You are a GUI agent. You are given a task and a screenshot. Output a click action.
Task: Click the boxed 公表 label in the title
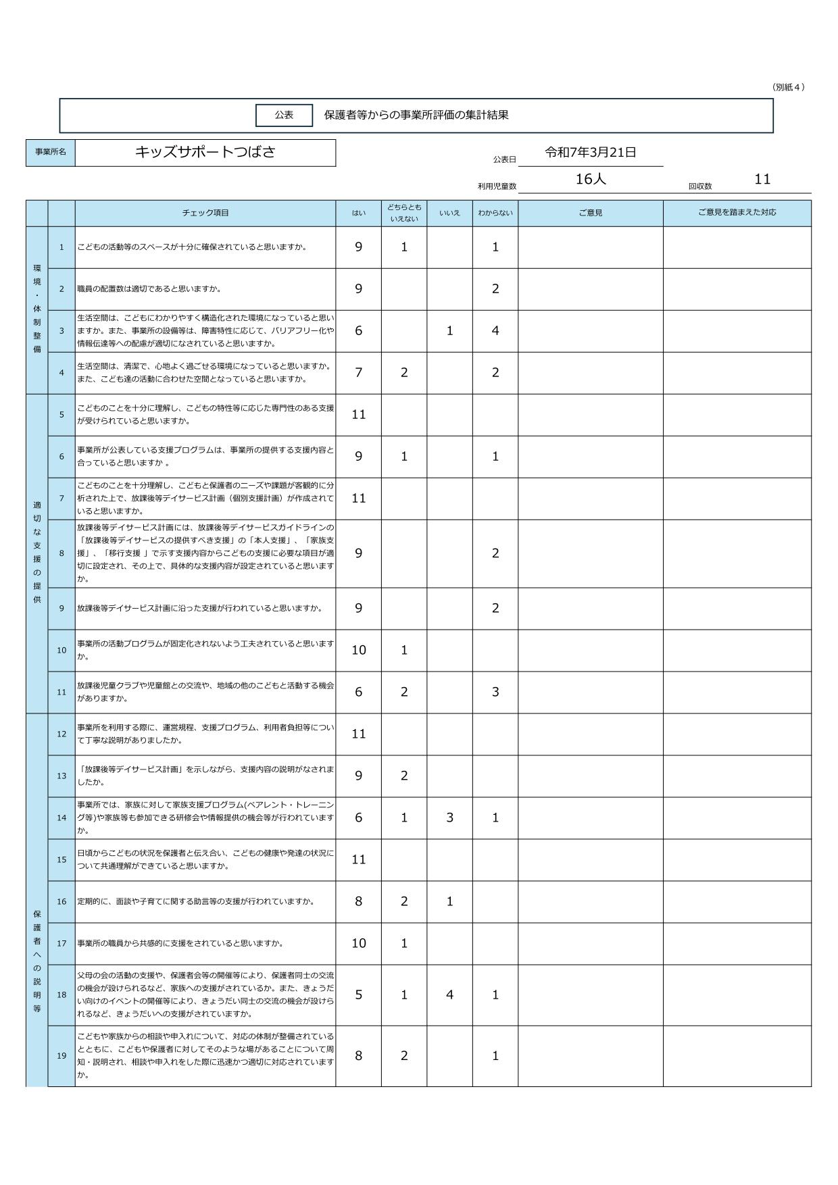[x=284, y=115]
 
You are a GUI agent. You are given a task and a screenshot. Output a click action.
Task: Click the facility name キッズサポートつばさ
[x=205, y=152]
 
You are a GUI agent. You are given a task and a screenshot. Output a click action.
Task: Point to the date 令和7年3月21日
[x=591, y=153]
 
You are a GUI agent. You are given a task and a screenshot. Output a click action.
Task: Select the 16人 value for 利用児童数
[x=591, y=179]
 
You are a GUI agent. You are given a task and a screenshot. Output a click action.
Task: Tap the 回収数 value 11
[x=762, y=179]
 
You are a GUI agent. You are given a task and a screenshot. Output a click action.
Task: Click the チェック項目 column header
[x=205, y=213]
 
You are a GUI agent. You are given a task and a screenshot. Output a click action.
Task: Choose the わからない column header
[x=495, y=213]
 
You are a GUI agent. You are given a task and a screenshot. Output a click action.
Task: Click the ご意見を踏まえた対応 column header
[x=737, y=212]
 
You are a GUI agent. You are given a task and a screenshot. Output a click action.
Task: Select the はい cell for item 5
[x=358, y=414]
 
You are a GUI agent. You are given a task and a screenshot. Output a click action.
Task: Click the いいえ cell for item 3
[x=449, y=331]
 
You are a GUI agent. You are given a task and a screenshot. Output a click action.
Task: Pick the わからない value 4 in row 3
[x=495, y=331]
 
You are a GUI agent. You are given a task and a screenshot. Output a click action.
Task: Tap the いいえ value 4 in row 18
[x=449, y=994]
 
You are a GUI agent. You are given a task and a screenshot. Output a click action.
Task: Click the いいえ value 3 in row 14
[x=449, y=817]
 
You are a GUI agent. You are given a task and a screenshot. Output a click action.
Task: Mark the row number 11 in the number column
[x=61, y=692]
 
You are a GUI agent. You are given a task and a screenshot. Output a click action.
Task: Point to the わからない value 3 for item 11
[x=495, y=692]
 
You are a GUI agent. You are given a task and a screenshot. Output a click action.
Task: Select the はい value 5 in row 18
[x=358, y=994]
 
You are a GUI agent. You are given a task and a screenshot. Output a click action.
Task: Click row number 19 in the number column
[x=61, y=1055]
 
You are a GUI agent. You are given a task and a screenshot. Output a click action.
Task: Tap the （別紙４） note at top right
[x=788, y=87]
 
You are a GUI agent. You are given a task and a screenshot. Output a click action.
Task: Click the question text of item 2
[x=149, y=289]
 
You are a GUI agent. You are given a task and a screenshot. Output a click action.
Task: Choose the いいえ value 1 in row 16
[x=449, y=901]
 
